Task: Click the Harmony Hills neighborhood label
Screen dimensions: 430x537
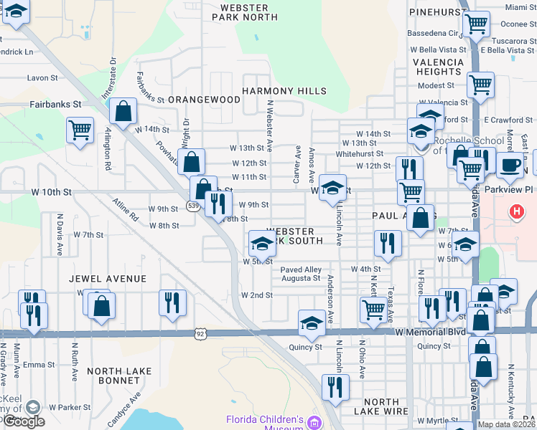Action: (x=284, y=91)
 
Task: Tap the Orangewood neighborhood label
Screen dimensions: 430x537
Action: (x=204, y=100)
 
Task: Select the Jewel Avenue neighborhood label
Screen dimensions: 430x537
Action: (x=108, y=278)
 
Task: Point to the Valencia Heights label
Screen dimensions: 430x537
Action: (x=438, y=67)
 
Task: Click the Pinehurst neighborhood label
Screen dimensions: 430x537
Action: (x=438, y=13)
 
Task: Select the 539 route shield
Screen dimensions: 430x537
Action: (x=192, y=206)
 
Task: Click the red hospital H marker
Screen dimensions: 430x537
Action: (x=515, y=211)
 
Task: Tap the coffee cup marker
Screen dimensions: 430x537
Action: (x=510, y=165)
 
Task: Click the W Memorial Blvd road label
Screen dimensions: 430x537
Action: (x=429, y=333)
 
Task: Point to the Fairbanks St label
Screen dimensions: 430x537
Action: (x=55, y=104)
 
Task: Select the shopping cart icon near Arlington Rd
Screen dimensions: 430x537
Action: (x=80, y=130)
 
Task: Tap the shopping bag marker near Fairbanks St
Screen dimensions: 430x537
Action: (x=123, y=111)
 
